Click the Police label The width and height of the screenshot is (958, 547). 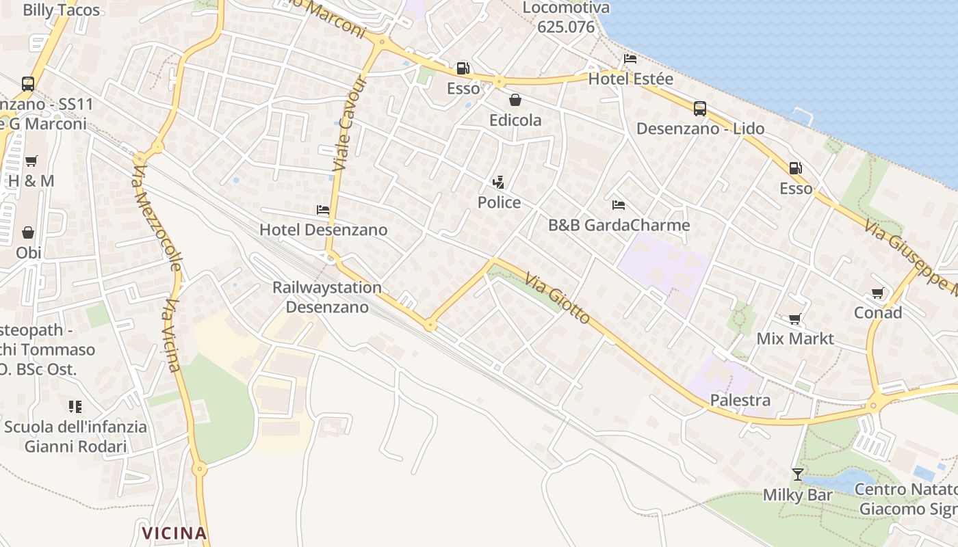point(499,202)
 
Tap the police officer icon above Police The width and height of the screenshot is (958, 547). point(499,183)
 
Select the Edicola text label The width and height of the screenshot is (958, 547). point(515,120)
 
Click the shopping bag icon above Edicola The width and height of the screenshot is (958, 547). point(515,101)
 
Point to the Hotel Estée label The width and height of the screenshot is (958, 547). point(631,79)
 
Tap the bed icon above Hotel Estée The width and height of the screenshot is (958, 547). point(630,59)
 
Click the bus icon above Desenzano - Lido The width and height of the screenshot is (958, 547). point(700,109)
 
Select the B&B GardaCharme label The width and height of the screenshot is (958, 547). point(619,225)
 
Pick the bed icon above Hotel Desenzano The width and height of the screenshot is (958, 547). point(323,210)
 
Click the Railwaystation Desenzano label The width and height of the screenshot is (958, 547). point(327,297)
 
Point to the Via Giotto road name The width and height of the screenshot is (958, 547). point(558,297)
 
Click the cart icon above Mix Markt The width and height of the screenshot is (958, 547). point(795,319)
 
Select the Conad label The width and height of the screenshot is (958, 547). point(878,312)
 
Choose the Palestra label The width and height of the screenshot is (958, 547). point(740,400)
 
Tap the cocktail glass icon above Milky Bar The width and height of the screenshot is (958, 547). point(798,475)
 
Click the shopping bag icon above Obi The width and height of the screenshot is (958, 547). point(28,233)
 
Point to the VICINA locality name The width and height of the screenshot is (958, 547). point(174,533)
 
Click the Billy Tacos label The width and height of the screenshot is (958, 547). point(62,10)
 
